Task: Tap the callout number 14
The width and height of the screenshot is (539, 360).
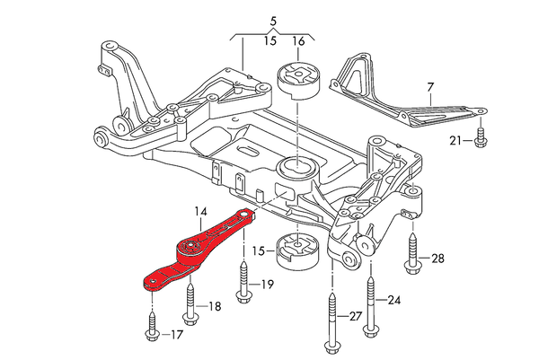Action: (x=199, y=211)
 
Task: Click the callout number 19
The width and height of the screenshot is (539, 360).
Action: (x=267, y=285)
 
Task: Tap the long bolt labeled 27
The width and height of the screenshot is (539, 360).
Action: (x=334, y=310)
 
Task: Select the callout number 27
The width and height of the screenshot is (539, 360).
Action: (x=357, y=315)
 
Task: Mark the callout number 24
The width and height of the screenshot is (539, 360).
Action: (x=393, y=300)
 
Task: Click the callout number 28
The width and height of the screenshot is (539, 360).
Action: (x=437, y=259)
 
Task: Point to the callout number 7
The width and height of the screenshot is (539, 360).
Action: (x=430, y=87)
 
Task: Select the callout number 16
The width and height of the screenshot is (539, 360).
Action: (x=299, y=41)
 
